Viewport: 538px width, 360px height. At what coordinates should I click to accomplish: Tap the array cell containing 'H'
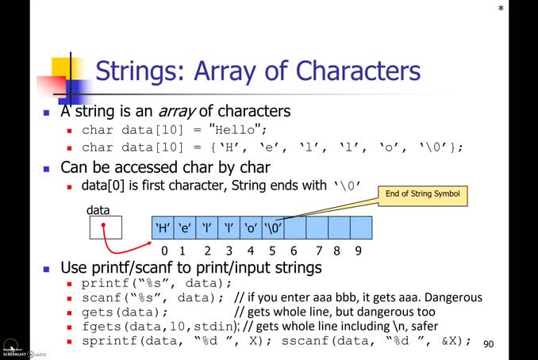point(163,228)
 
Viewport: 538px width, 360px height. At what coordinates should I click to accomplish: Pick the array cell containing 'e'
point(185,228)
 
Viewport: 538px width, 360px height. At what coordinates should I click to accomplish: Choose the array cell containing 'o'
point(251,228)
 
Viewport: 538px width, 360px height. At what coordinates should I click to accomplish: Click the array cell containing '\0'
point(273,228)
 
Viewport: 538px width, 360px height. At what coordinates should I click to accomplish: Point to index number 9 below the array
point(359,251)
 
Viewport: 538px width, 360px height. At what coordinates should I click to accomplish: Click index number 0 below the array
point(163,251)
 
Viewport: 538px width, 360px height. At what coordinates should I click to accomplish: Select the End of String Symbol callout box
point(421,193)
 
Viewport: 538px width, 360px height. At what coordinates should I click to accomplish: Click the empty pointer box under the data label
point(106,228)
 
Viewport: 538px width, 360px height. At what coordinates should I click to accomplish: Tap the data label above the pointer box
point(98,209)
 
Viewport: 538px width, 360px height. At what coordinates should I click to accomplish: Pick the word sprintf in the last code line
point(105,341)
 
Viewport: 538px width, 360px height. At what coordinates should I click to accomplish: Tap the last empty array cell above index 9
point(361,228)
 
